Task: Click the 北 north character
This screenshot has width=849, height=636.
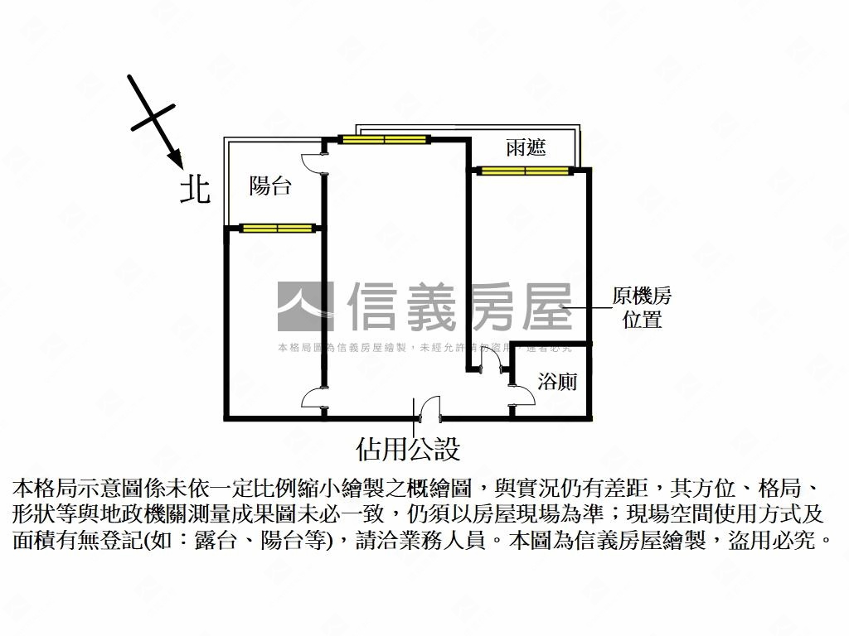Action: [196, 189]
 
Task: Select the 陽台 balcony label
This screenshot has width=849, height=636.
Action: [270, 186]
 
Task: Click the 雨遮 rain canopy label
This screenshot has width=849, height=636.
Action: [526, 147]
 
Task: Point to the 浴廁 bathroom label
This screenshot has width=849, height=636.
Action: [557, 382]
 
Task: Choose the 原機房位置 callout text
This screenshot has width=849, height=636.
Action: [642, 307]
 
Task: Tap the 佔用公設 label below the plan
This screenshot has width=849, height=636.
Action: [407, 449]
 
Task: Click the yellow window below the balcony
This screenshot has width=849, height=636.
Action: [276, 228]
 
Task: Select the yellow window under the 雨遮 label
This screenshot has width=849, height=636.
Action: [524, 171]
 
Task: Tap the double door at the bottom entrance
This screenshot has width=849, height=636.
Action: [428, 408]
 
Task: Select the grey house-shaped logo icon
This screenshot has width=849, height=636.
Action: [305, 306]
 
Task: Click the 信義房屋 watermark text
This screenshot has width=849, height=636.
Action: [459, 306]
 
